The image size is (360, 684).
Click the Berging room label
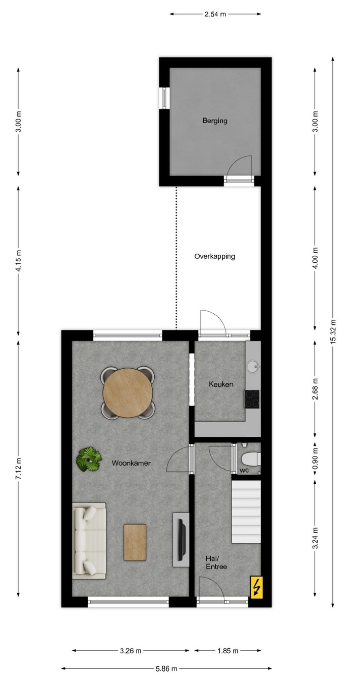(x=215, y=121)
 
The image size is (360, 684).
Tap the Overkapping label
(x=215, y=256)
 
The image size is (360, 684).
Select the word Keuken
(x=221, y=384)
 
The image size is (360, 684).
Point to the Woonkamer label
(x=131, y=463)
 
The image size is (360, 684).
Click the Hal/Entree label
(x=216, y=563)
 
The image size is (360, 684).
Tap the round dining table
(x=128, y=392)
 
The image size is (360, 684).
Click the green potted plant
(x=89, y=459)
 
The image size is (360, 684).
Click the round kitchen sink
(x=253, y=366)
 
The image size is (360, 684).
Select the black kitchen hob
(x=252, y=399)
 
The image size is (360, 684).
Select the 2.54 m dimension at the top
(x=215, y=14)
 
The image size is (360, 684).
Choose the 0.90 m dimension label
(x=315, y=459)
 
